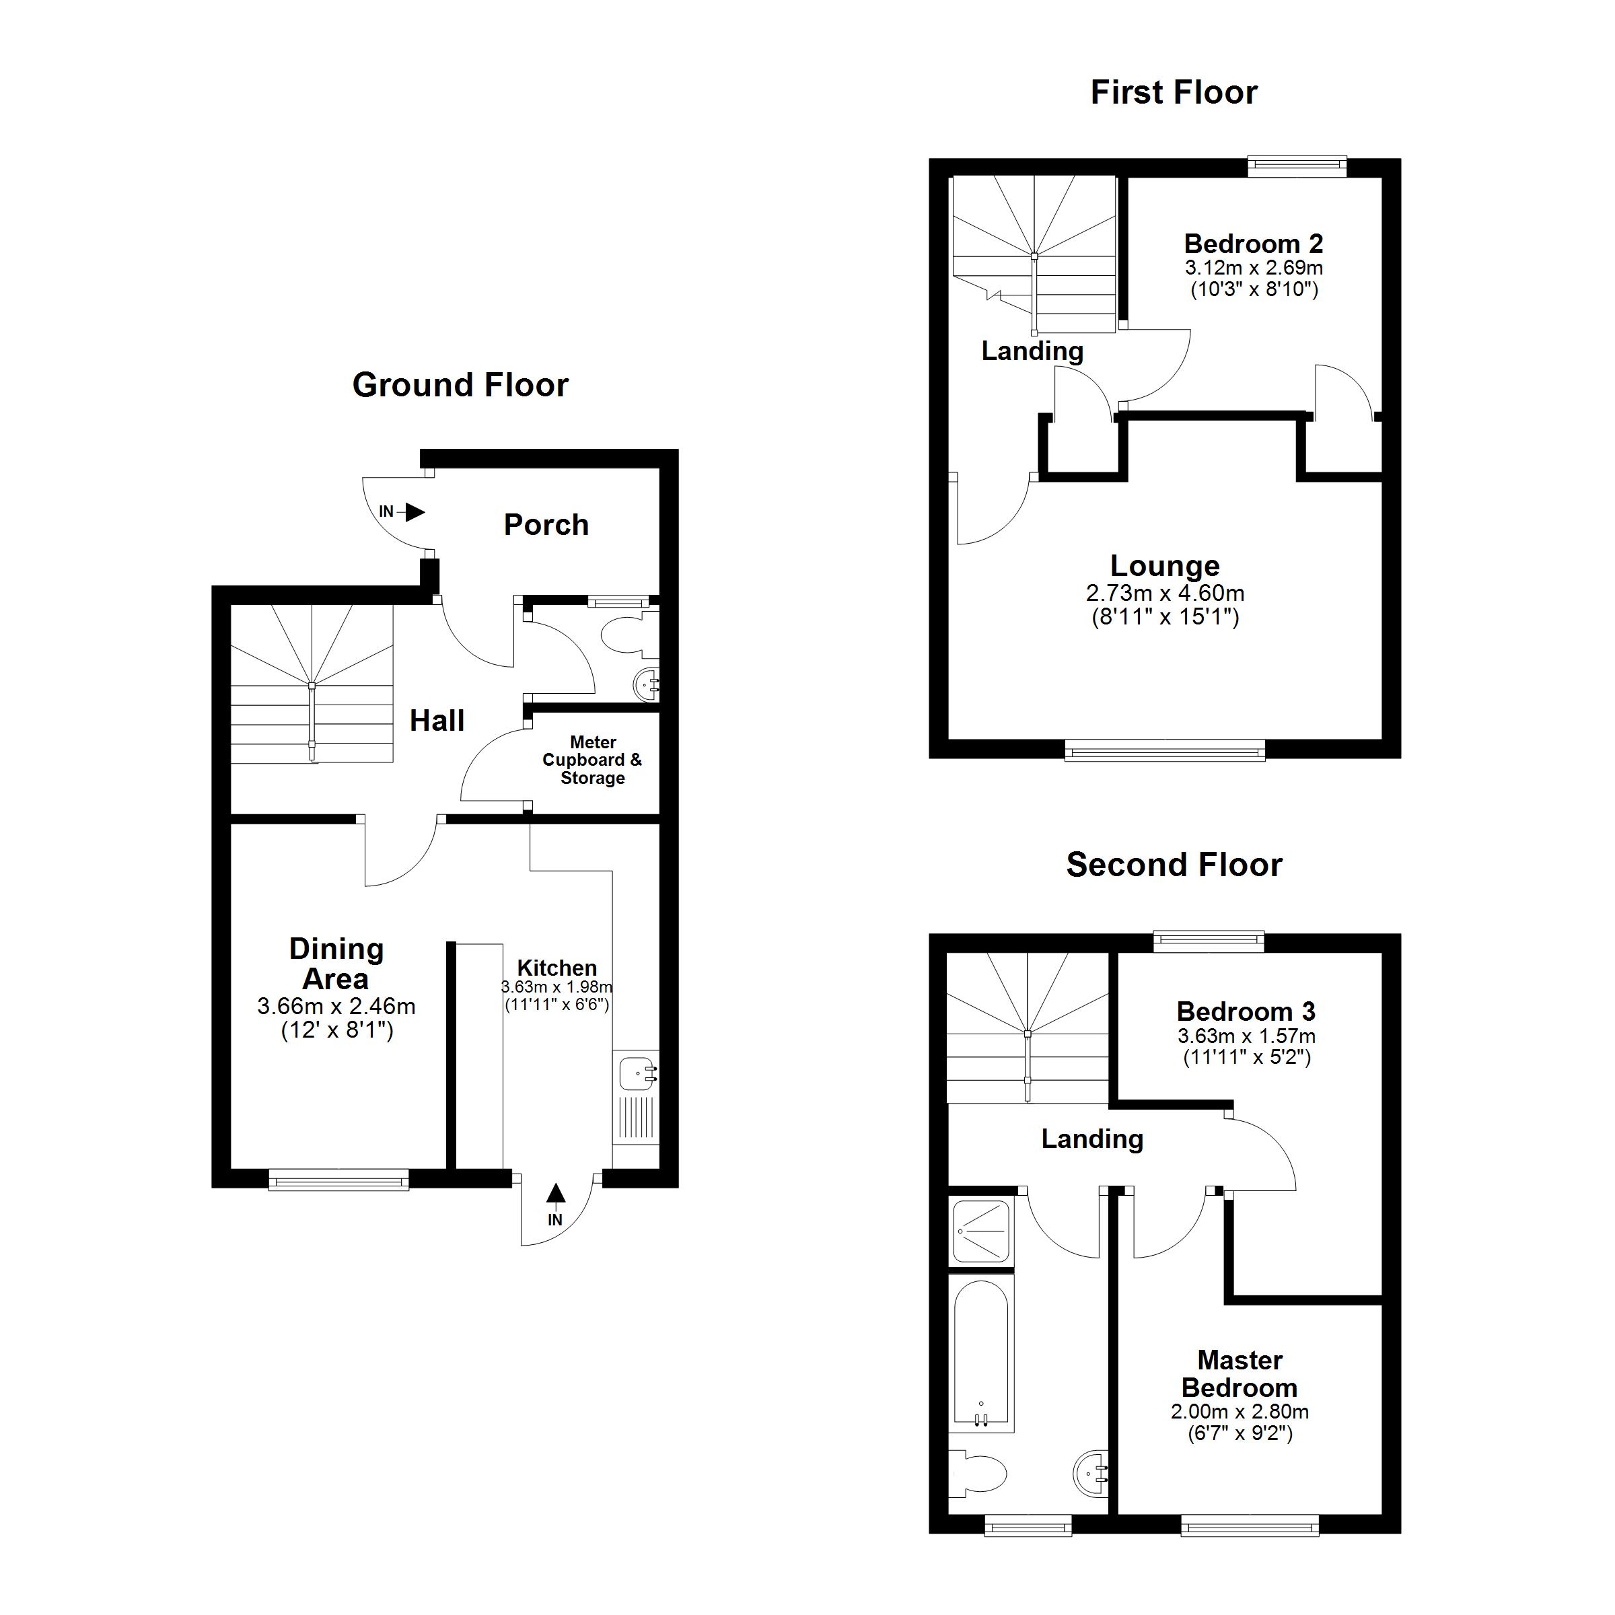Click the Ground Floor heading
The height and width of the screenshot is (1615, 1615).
[x=460, y=386]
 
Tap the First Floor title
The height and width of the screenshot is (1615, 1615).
[x=1174, y=93]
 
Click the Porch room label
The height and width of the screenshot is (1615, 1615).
[x=546, y=525]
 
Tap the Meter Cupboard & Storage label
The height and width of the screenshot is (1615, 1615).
[x=593, y=760]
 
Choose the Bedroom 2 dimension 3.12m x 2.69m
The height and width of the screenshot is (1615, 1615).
[x=1254, y=268]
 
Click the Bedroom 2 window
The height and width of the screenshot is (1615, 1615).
[x=1297, y=166]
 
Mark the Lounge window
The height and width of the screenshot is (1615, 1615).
[x=1165, y=751]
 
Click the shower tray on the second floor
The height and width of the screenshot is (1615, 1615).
[x=982, y=1231]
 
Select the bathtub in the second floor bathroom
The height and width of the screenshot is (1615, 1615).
[x=982, y=1353]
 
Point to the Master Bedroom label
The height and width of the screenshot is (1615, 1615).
[x=1240, y=1373]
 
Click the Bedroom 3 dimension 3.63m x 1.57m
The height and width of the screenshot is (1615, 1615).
[x=1246, y=1036]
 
